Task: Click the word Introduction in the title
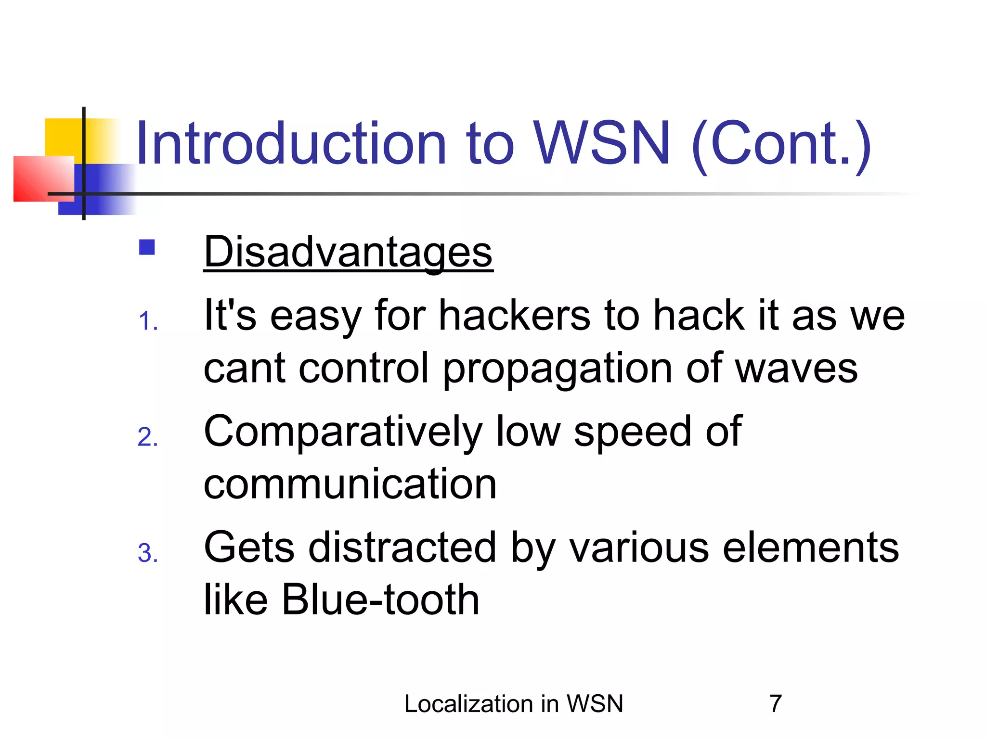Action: click(291, 143)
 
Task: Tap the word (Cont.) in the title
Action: click(781, 143)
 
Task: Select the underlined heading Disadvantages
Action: click(348, 252)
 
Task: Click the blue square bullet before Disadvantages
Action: click(147, 247)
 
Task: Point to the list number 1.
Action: click(147, 321)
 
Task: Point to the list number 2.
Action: click(147, 437)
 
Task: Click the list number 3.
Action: click(147, 553)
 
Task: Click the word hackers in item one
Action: click(514, 316)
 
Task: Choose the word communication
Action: click(350, 484)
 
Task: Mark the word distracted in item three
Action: click(402, 548)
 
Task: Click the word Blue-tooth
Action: click(380, 599)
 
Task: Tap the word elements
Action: click(811, 548)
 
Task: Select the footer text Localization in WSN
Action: click(513, 704)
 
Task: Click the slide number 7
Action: click(775, 704)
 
